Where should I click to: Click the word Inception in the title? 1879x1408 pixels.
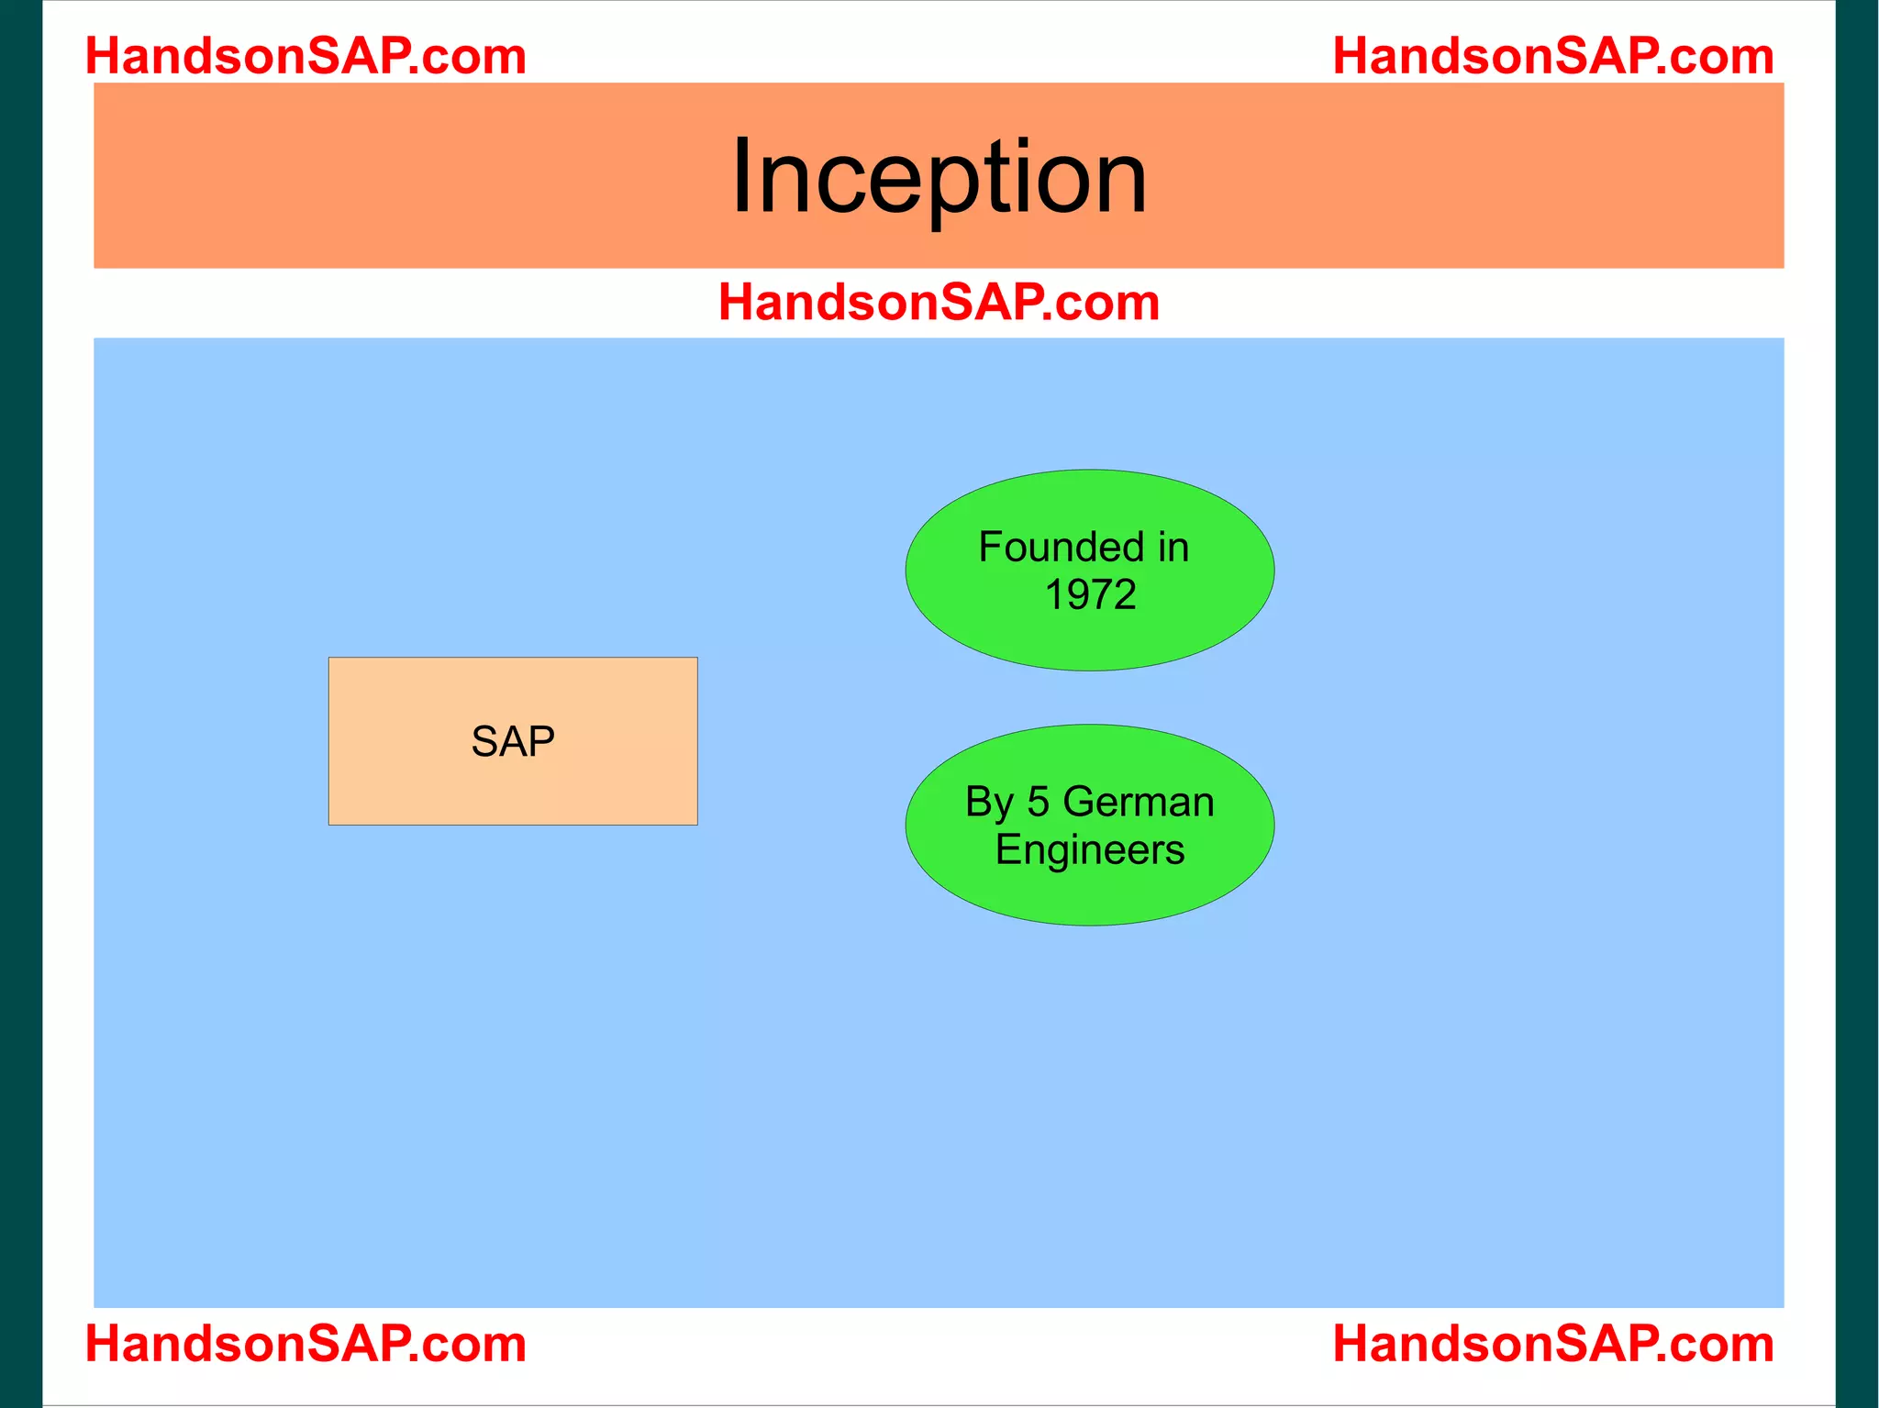(939, 176)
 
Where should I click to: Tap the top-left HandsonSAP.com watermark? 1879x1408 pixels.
(306, 56)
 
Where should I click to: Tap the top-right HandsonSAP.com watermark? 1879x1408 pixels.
(1552, 56)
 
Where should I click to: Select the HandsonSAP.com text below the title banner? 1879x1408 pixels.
(939, 302)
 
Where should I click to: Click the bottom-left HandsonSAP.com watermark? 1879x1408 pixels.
(306, 1344)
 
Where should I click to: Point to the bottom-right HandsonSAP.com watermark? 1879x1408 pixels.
(1552, 1344)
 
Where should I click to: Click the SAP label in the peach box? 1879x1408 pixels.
(513, 741)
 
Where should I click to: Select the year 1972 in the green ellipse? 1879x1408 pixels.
(1090, 594)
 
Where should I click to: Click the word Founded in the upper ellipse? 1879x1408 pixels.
(1062, 548)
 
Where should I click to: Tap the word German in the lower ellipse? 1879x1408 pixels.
(1138, 803)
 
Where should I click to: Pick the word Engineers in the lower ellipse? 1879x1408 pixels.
(1090, 850)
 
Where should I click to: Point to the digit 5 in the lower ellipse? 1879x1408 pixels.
(1038, 803)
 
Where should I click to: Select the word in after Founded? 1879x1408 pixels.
(1173, 548)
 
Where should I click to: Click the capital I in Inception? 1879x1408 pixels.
(740, 176)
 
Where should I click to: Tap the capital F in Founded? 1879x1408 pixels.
(990, 548)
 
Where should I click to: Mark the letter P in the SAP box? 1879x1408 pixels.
(541, 741)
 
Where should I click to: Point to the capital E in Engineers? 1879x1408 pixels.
(1006, 850)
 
